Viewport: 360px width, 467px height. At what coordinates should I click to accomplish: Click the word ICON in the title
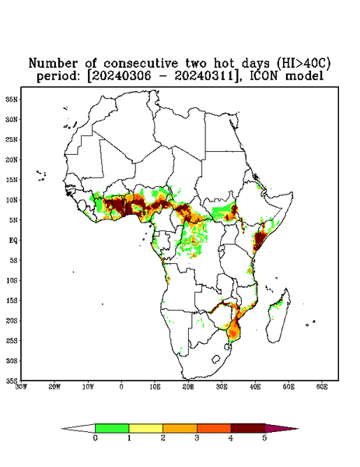[x=264, y=76]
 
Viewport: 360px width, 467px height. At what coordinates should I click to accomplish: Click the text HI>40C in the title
[x=303, y=63]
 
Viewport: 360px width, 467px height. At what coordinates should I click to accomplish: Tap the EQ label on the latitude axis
[x=13, y=241]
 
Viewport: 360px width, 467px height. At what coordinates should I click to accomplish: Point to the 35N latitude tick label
[x=12, y=100]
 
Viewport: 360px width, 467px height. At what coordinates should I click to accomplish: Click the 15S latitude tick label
[x=12, y=300]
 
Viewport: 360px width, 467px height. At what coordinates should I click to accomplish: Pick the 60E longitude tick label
[x=322, y=387]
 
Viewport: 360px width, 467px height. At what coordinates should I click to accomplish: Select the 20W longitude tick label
[x=54, y=387]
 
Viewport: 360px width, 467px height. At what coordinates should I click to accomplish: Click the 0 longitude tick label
[x=121, y=387]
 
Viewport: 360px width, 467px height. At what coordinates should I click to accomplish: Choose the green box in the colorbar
[x=112, y=428]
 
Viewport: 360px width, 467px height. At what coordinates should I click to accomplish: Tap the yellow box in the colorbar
[x=145, y=428]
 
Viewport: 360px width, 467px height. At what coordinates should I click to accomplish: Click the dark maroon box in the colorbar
[x=248, y=428]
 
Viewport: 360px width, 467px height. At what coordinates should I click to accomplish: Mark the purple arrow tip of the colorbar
[x=298, y=429]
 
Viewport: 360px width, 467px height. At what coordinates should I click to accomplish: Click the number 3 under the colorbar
[x=197, y=438]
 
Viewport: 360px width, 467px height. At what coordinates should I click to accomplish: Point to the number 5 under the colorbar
[x=264, y=438]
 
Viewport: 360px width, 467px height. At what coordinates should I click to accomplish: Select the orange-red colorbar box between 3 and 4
[x=214, y=428]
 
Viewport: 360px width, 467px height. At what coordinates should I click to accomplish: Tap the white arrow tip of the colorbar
[x=62, y=429]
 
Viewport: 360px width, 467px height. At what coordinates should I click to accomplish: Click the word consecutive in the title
[x=141, y=64]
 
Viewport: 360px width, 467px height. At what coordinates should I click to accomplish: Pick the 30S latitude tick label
[x=12, y=361]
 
